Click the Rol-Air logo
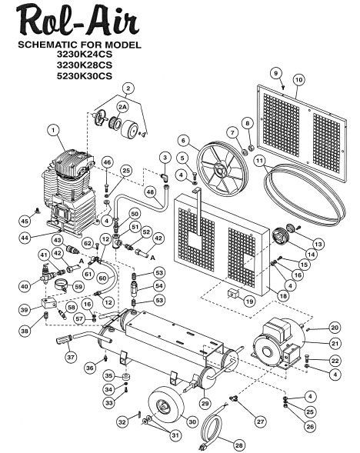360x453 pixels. click(x=78, y=22)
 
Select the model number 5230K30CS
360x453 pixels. click(x=84, y=75)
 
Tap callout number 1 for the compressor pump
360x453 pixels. click(x=53, y=130)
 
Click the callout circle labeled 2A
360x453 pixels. click(x=122, y=107)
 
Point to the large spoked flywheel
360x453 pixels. click(x=222, y=168)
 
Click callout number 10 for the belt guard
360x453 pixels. click(x=299, y=80)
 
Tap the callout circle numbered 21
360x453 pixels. click(x=335, y=344)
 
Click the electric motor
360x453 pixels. click(x=278, y=344)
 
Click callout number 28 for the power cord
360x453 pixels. click(x=239, y=445)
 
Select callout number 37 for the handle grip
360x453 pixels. click(x=71, y=357)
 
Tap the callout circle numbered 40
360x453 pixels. click(x=25, y=286)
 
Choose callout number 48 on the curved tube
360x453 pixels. click(x=150, y=192)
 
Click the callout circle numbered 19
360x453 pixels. click(x=249, y=301)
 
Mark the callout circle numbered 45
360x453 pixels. click(x=25, y=221)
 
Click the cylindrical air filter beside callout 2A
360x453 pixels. click(x=129, y=130)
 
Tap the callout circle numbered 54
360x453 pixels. click(x=159, y=286)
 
